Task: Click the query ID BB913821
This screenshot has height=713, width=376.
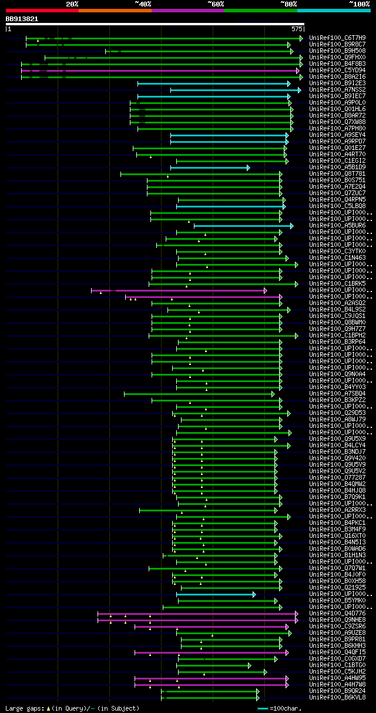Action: pos(22,19)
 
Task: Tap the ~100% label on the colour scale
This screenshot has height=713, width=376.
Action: pos(359,4)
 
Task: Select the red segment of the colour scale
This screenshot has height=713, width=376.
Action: pos(42,11)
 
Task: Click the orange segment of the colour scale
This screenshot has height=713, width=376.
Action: pos(115,11)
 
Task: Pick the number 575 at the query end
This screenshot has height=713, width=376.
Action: pos(297,29)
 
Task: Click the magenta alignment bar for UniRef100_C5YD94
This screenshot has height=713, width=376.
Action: pos(159,71)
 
